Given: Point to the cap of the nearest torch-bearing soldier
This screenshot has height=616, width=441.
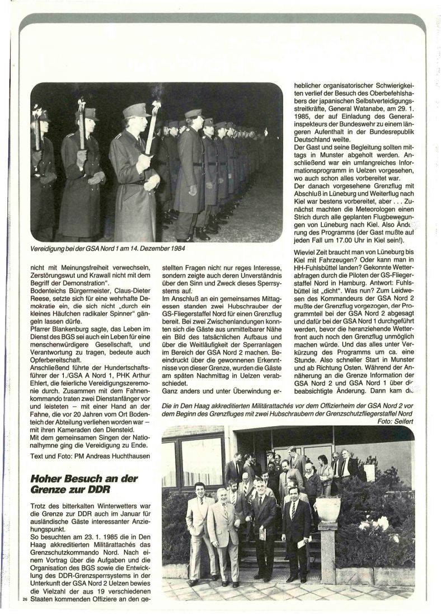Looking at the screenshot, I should click(136, 110).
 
